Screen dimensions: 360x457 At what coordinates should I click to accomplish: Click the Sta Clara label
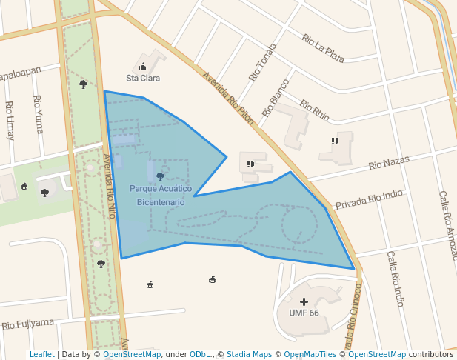point(143,78)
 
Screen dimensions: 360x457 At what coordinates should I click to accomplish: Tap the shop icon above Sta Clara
point(143,67)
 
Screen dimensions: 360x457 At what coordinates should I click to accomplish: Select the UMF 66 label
point(304,313)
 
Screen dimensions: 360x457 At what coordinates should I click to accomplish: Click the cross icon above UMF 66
point(304,302)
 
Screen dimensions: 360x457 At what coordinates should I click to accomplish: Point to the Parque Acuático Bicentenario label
point(161,196)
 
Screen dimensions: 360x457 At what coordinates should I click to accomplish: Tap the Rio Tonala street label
point(263,61)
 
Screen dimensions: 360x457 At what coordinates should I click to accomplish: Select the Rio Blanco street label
point(276,97)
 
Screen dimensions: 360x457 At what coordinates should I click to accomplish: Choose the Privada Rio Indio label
point(369,199)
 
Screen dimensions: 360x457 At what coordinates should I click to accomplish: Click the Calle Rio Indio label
point(395,279)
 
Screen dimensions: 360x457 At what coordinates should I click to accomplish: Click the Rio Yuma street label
point(38,114)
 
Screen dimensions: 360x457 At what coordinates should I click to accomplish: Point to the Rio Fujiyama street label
point(28,324)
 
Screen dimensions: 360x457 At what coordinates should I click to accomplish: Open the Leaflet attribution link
point(42,354)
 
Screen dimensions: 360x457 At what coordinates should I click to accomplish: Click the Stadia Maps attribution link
point(249,354)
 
